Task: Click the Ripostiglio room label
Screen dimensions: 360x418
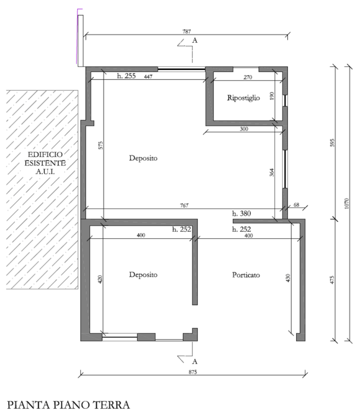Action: pos(243,98)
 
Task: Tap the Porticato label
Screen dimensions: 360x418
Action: pos(246,275)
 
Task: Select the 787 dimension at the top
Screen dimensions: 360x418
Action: pos(187,31)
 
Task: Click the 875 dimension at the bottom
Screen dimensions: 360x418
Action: pos(193,372)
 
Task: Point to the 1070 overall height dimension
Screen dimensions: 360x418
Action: pos(347,203)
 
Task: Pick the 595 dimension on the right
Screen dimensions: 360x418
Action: pos(332,142)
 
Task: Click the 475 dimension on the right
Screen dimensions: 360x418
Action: pos(332,280)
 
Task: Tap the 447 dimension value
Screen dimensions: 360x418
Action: pos(148,77)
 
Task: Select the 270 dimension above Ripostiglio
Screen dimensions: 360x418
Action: pos(248,77)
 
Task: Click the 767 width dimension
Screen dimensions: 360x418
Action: pos(184,206)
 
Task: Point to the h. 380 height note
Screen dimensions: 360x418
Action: pos(241,213)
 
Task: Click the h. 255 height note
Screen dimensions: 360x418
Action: pos(126,76)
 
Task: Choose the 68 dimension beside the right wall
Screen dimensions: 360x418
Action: pos(296,205)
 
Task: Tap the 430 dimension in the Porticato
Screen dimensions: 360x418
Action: pos(288,278)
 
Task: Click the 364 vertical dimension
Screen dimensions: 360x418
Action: pos(272,172)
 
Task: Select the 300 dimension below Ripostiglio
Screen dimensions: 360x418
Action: pos(244,129)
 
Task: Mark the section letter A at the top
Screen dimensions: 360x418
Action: pos(195,40)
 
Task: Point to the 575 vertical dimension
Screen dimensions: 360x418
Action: pos(100,145)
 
